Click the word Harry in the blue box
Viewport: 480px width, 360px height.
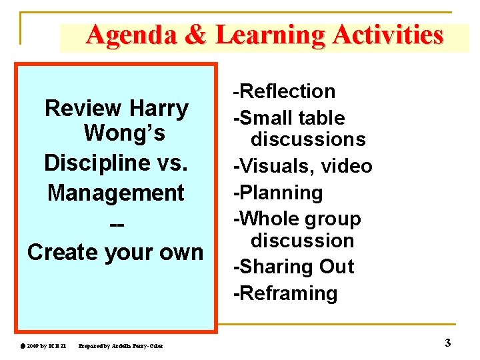(159, 107)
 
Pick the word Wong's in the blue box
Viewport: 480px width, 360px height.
(124, 134)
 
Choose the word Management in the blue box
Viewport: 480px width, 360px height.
(116, 193)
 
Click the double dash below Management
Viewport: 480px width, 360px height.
(116, 223)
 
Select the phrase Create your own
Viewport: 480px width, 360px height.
(115, 252)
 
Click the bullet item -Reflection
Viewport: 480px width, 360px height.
(284, 91)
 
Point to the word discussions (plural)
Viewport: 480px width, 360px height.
(308, 139)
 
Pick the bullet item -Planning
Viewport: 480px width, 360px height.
(278, 193)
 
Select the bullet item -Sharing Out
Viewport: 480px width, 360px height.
(293, 267)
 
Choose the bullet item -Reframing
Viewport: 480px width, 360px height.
(285, 293)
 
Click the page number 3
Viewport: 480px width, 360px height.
(447, 343)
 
